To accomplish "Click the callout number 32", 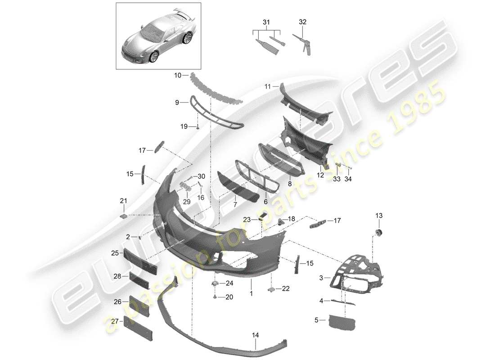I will pos(302,21).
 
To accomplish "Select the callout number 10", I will pos(178,76).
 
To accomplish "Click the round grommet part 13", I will pos(378,232).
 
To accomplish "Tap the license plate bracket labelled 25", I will pos(139,261).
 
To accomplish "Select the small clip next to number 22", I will pos(271,289).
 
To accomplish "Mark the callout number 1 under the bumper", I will pos(252,293).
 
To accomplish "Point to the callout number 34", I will pos(348,179).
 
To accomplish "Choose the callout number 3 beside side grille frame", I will pos(321,279).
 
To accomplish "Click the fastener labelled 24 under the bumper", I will pos(215,283).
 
